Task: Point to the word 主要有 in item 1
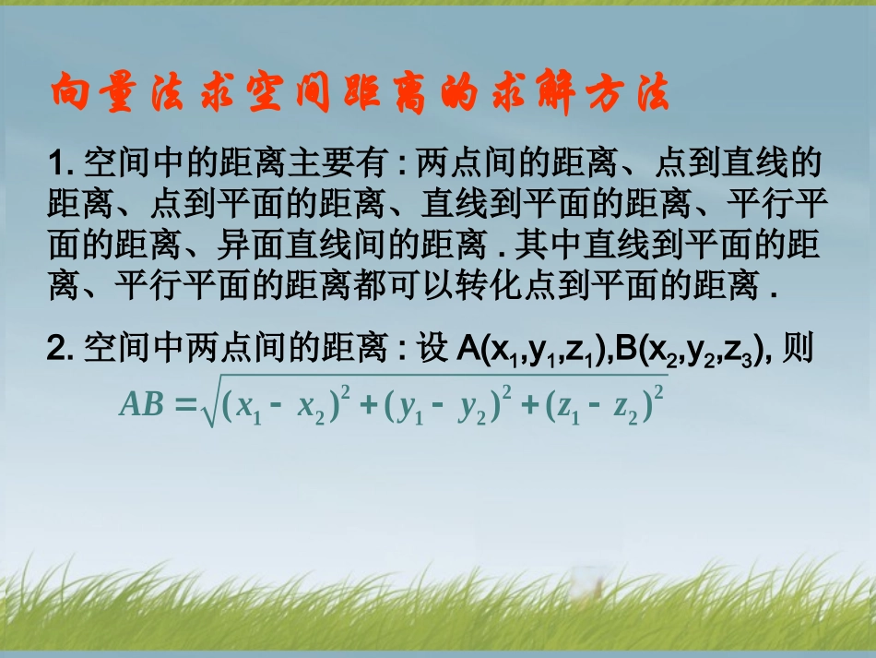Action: point(349,167)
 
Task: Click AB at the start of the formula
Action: point(141,405)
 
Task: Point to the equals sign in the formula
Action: point(183,405)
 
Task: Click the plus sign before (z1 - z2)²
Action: point(529,405)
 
